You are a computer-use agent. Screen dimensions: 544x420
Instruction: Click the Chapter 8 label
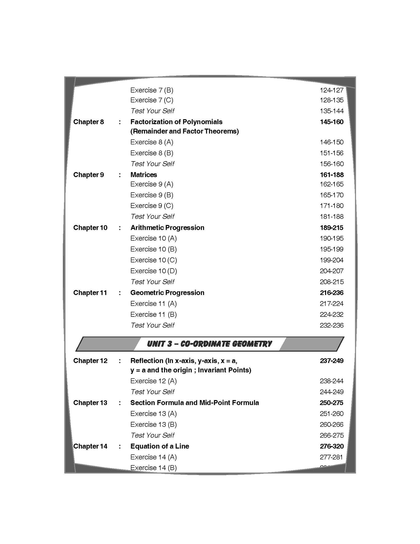88,122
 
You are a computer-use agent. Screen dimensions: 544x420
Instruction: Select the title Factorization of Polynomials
176,122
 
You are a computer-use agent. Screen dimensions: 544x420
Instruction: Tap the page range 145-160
331,122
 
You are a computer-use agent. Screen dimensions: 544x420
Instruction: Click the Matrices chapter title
144,175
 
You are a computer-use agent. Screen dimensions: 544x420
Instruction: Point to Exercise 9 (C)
152,206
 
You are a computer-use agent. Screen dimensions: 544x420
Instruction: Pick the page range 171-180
331,206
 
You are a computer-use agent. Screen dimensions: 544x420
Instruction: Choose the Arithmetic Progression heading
167,228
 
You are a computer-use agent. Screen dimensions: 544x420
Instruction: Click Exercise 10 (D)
153,271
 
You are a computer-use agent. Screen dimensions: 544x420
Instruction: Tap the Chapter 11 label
90,293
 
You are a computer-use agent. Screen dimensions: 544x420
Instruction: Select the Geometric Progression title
167,293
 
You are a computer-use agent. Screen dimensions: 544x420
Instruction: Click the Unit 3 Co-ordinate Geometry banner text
209,344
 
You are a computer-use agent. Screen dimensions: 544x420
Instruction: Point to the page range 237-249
331,361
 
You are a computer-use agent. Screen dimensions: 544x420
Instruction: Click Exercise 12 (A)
153,381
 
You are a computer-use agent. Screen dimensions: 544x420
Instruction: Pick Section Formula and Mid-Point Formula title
194,403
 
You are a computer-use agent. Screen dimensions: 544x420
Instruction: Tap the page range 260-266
331,425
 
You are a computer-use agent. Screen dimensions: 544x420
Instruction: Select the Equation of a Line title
160,446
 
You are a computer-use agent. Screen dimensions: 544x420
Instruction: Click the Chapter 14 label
90,446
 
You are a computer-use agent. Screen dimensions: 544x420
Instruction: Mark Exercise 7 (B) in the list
152,90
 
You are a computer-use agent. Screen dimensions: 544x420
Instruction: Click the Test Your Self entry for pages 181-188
152,217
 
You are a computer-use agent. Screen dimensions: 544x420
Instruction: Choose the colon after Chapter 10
120,228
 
